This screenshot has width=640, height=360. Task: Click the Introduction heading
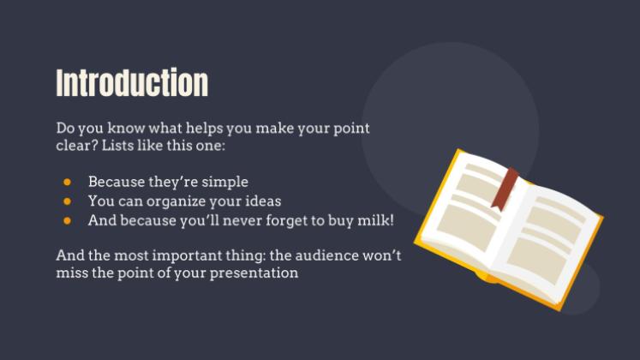click(132, 83)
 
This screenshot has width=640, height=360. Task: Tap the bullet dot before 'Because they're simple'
click(67, 183)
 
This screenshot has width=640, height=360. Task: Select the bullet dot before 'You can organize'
click(67, 201)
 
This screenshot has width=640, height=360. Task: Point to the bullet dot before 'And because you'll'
click(67, 220)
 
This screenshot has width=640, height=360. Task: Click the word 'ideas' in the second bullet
click(262, 201)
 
